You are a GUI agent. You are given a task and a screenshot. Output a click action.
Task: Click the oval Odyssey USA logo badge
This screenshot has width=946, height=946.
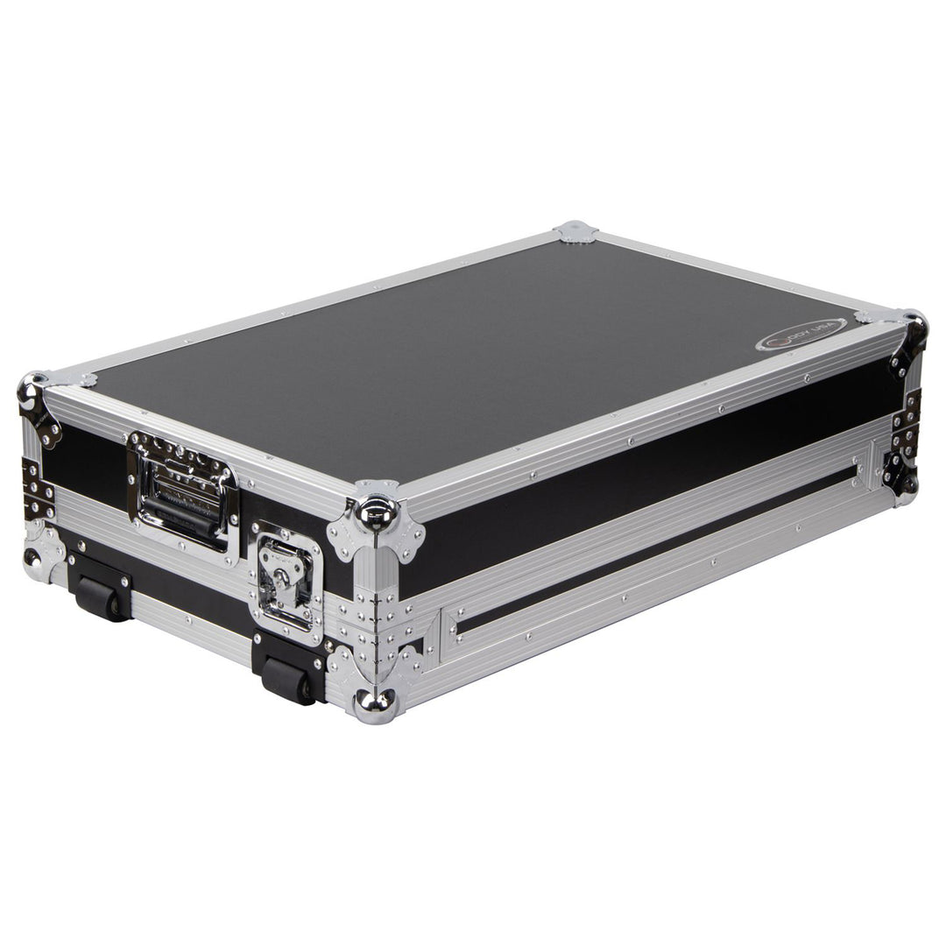click(x=801, y=334)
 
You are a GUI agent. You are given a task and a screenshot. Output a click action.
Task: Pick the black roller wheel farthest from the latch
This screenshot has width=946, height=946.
click(x=101, y=597)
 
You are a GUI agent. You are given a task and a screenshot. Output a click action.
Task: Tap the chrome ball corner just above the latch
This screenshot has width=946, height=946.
click(x=378, y=512)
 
